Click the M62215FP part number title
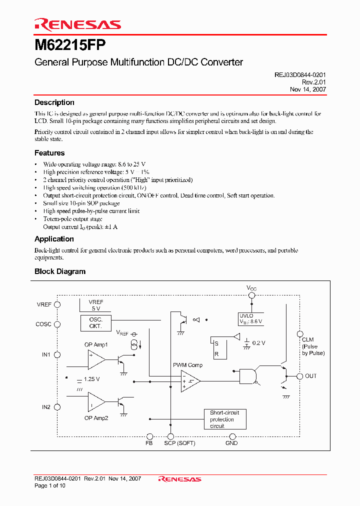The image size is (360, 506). (x=70, y=46)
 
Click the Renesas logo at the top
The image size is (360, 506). (x=77, y=24)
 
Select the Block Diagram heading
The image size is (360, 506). (x=60, y=271)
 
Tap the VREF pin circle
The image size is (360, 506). (x=57, y=304)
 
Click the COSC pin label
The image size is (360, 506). (x=43, y=324)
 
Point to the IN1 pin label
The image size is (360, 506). (x=46, y=354)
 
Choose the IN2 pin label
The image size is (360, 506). (x=46, y=407)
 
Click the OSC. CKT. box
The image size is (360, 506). (x=95, y=322)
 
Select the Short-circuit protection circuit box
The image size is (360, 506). (x=225, y=419)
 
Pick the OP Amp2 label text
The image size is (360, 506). (x=96, y=418)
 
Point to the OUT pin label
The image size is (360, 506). (x=311, y=376)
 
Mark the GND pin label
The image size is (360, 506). (x=231, y=443)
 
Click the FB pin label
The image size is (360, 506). (x=149, y=443)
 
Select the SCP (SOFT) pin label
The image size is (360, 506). (x=179, y=443)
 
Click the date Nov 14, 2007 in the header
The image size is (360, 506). (x=308, y=89)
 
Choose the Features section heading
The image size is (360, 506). (x=49, y=153)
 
